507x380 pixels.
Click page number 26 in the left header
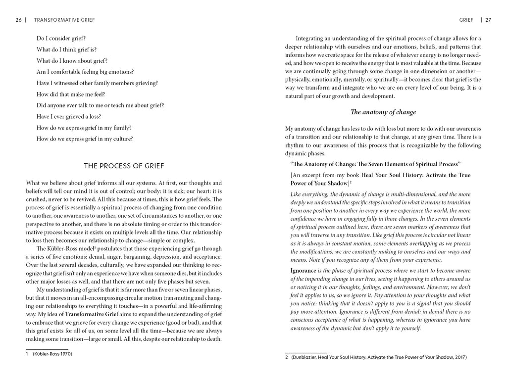(x=18, y=20)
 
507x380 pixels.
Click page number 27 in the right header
(x=488, y=20)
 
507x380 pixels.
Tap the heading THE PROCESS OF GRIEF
(x=124, y=166)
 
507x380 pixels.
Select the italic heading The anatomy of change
(x=383, y=112)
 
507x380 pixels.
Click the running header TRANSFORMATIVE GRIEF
(x=64, y=20)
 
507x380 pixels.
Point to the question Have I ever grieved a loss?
(x=69, y=116)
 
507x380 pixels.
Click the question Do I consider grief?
(x=65, y=38)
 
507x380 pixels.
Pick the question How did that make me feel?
(x=71, y=94)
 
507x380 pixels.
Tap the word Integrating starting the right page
(x=311, y=38)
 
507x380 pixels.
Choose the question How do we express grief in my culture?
(x=85, y=139)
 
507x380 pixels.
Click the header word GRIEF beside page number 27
(x=466, y=20)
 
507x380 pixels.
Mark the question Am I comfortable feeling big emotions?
(x=85, y=72)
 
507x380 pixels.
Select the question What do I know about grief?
(x=72, y=60)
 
